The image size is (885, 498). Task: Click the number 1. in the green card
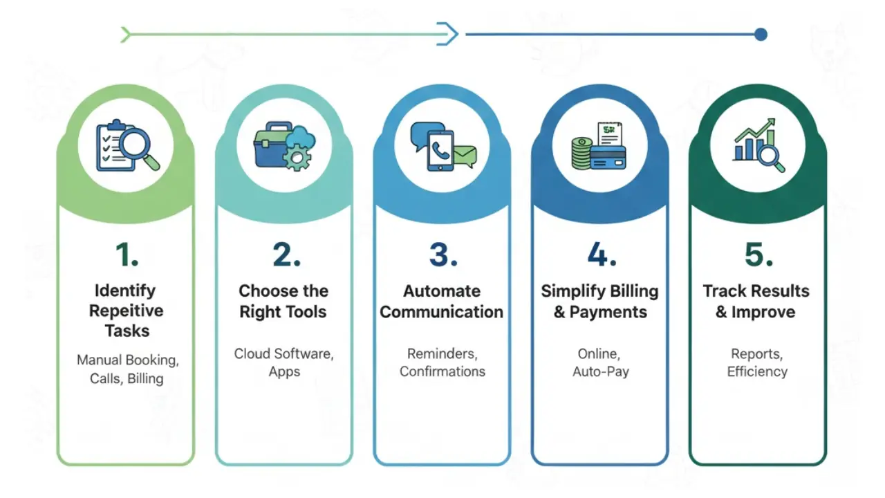point(127,255)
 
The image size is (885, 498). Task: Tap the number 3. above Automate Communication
point(442,255)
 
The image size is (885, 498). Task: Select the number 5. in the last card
point(758,255)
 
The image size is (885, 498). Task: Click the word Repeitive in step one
point(127,311)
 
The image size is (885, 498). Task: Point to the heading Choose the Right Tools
point(283,301)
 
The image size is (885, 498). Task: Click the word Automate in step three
point(442,290)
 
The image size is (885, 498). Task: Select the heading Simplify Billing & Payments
point(600,301)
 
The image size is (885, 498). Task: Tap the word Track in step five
point(726,290)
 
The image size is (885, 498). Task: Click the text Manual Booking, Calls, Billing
point(127,369)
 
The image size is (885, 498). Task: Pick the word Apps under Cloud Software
point(284,371)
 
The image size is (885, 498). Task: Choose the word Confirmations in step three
point(442,371)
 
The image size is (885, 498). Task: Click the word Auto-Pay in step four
point(600,371)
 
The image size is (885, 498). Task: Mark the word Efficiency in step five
point(757,371)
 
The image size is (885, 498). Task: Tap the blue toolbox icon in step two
point(270,147)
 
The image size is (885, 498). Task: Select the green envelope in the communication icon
point(465,156)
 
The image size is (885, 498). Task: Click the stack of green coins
point(581,154)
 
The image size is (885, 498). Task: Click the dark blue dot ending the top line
point(761,34)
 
